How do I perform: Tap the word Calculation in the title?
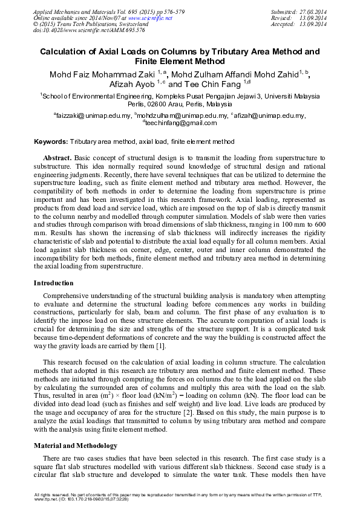tap(68, 52)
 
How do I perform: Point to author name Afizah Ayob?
tap(131, 85)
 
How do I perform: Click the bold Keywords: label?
tap(50, 141)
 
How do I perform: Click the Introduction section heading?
tap(54, 283)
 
